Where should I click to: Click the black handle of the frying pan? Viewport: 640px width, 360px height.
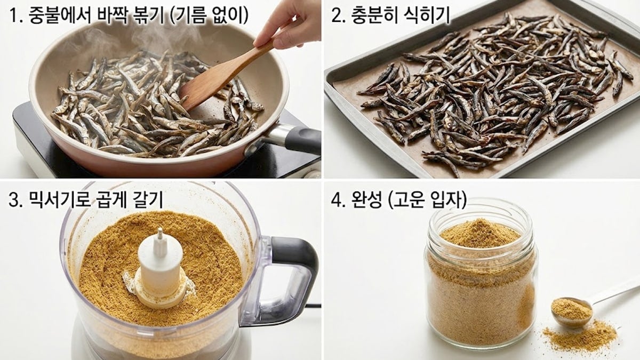pos(302,140)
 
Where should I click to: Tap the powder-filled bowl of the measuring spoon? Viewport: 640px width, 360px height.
pos(571,310)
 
